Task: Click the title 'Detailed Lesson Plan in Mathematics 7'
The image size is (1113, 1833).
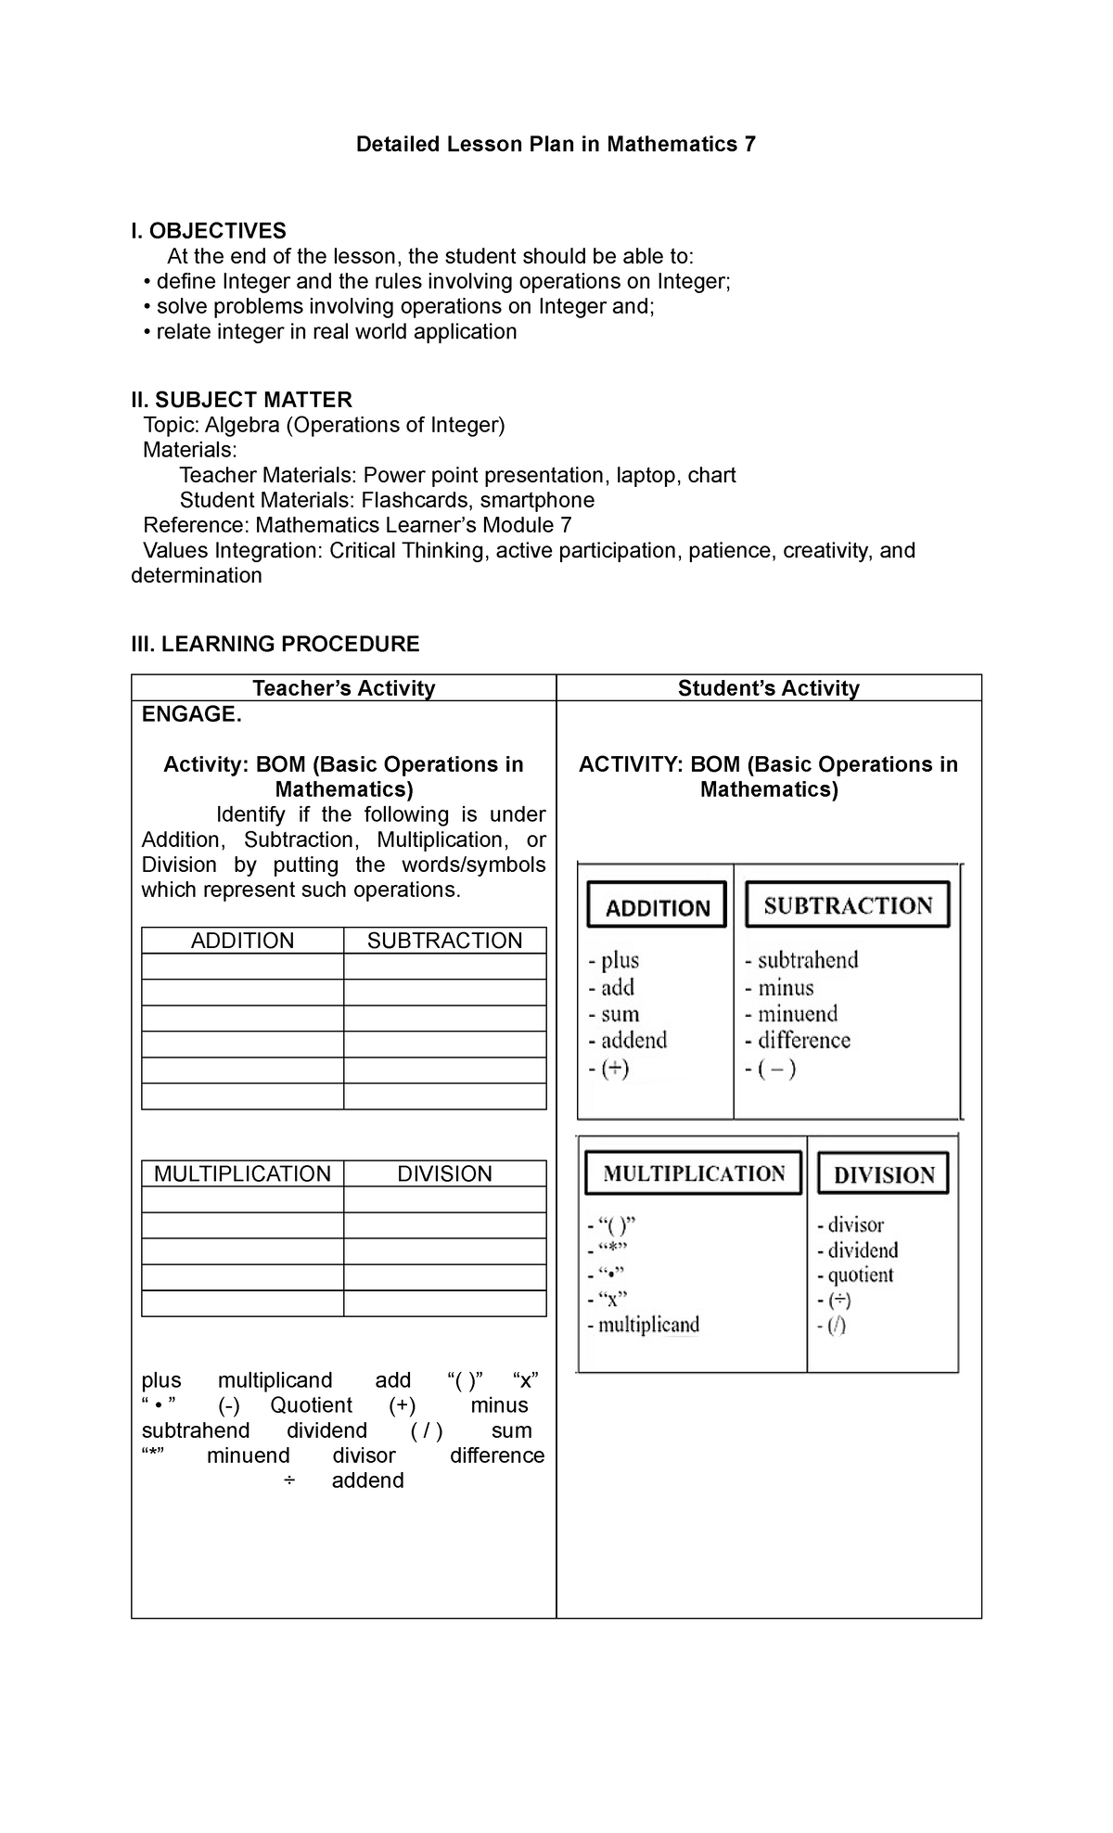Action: point(556,145)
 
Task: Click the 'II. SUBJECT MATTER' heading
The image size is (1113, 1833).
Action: point(242,400)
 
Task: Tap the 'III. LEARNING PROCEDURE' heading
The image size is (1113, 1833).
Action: point(275,644)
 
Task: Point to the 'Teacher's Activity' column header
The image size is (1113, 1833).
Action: point(344,688)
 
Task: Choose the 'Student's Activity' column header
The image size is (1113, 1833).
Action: point(768,688)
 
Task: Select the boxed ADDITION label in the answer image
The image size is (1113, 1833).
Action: point(657,906)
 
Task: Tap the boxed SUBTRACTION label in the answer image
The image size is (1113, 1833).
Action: point(847,905)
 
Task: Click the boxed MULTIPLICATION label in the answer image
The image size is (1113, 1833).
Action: point(693,1173)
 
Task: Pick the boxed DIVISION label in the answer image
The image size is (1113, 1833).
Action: point(883,1174)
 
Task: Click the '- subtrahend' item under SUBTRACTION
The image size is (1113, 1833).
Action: point(802,960)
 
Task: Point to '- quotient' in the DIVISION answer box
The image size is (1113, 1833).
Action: point(855,1275)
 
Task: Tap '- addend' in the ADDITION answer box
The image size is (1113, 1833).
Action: point(628,1041)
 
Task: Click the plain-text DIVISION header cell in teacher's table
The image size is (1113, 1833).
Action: point(444,1173)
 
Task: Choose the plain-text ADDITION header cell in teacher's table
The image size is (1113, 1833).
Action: point(242,941)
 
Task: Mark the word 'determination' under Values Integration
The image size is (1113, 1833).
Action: point(197,576)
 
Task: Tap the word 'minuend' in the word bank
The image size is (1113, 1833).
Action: point(248,1455)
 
